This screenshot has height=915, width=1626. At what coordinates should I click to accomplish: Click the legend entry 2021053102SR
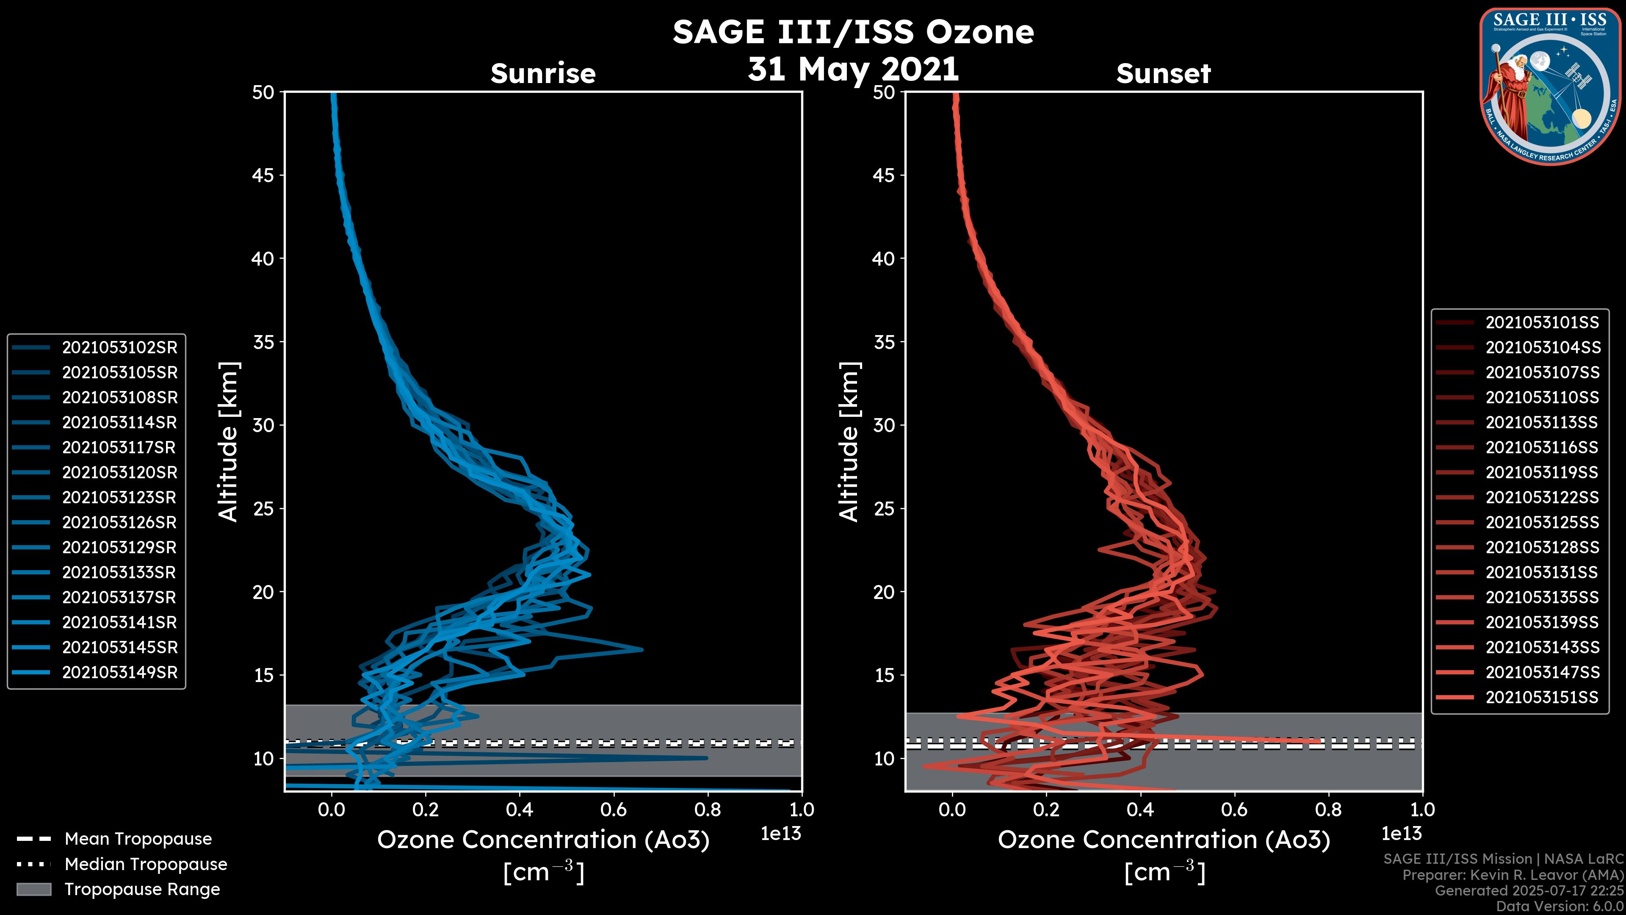click(x=119, y=348)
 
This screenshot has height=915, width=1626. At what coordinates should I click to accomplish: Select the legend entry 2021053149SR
click(x=119, y=673)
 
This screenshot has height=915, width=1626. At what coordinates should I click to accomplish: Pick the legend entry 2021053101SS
click(x=1542, y=323)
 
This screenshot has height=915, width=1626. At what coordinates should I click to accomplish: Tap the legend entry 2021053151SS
click(x=1542, y=697)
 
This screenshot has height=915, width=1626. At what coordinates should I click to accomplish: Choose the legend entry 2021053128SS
click(x=1542, y=547)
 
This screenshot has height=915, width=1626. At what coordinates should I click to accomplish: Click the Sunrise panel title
click(x=543, y=73)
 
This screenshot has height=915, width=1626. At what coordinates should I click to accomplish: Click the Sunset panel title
click(x=1163, y=73)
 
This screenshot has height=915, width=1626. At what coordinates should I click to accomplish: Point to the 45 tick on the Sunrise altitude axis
click(x=264, y=175)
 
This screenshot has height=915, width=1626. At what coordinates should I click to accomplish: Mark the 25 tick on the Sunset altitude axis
click(x=884, y=509)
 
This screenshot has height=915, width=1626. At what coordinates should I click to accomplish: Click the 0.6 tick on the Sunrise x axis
click(x=614, y=810)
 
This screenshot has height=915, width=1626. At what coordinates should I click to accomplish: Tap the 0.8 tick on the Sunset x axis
click(x=1328, y=810)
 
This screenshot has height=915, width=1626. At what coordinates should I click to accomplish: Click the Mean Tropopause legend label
click(x=138, y=839)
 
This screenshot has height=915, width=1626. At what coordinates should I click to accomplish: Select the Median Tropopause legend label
click(x=146, y=865)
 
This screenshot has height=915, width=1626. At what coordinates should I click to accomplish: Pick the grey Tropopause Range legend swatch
click(x=33, y=890)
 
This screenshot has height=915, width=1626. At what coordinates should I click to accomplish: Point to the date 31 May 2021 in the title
click(x=853, y=69)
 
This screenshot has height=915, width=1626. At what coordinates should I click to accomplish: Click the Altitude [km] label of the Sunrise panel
click(x=229, y=442)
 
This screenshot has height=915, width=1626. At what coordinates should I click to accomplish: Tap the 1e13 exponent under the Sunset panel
click(x=1401, y=834)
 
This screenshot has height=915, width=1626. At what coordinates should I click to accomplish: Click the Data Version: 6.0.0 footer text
click(x=1560, y=907)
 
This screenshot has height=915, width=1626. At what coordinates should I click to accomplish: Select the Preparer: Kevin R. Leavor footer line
click(x=1513, y=875)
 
